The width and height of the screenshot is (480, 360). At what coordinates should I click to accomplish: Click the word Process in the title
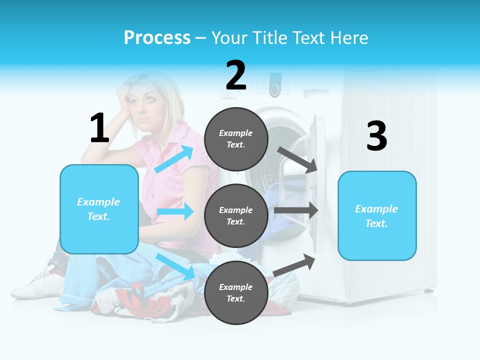click(157, 37)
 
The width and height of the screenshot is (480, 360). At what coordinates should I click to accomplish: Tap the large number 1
click(99, 128)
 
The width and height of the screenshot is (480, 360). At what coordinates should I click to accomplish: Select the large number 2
click(236, 75)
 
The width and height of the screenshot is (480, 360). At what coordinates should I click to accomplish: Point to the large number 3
click(376, 136)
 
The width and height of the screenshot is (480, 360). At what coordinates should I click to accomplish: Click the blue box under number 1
click(99, 209)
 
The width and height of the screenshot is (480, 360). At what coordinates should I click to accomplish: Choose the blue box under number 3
click(376, 215)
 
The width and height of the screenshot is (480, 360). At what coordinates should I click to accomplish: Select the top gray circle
click(236, 139)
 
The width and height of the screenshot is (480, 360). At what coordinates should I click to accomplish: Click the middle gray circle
click(236, 215)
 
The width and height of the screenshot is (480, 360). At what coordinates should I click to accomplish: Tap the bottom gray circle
click(236, 292)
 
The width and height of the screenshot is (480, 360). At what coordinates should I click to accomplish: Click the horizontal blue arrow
click(175, 211)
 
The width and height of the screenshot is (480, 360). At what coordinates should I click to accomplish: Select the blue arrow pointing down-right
click(175, 266)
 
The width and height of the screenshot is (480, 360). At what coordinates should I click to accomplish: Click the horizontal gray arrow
click(296, 210)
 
